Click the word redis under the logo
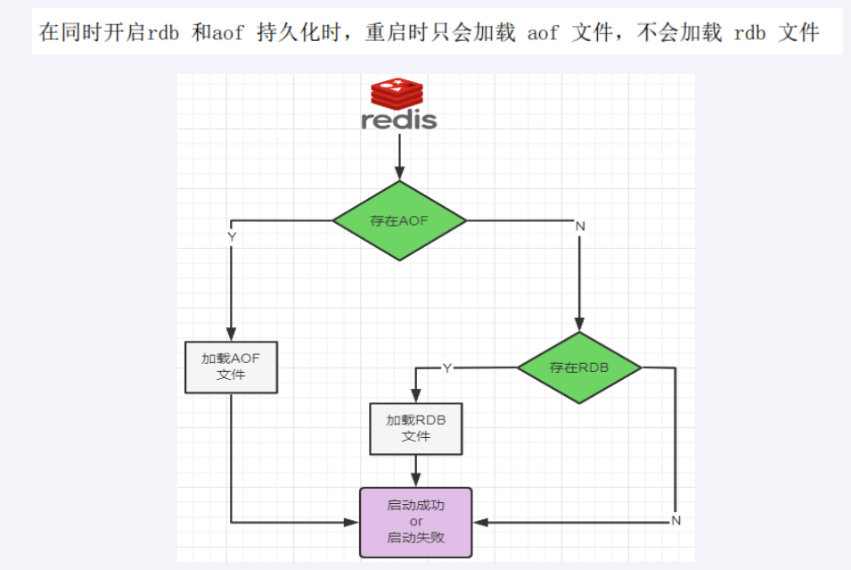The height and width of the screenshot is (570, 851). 399,120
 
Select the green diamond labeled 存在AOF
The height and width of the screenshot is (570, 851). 399,220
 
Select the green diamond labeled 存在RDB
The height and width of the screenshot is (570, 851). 579,368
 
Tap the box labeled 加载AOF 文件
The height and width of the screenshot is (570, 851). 231,367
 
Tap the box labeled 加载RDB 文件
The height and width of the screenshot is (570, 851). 415,428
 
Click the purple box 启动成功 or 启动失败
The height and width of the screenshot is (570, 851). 415,522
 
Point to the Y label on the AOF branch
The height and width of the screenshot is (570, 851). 232,237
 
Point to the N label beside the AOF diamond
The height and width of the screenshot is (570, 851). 580,227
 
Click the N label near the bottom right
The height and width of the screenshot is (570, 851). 675,520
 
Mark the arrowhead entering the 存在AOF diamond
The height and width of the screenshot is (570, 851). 399,174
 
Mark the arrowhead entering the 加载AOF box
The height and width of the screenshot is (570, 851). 231,334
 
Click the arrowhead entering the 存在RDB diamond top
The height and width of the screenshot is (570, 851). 580,326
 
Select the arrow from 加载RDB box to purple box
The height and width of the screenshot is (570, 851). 415,470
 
